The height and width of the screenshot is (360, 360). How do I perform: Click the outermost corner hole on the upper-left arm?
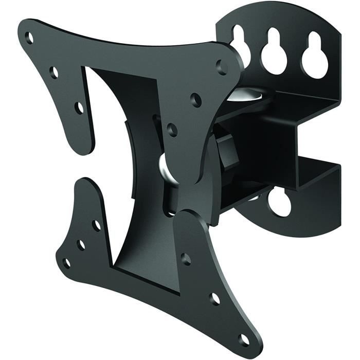[30, 37]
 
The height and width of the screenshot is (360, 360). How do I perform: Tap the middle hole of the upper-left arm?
[54, 72]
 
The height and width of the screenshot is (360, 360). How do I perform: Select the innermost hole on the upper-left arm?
[79, 108]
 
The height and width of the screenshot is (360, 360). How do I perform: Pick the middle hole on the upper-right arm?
[195, 99]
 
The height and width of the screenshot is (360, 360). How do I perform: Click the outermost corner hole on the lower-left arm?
[66, 263]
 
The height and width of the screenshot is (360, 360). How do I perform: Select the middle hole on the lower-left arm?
[81, 245]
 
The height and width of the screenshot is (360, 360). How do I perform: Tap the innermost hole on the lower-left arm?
[96, 225]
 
